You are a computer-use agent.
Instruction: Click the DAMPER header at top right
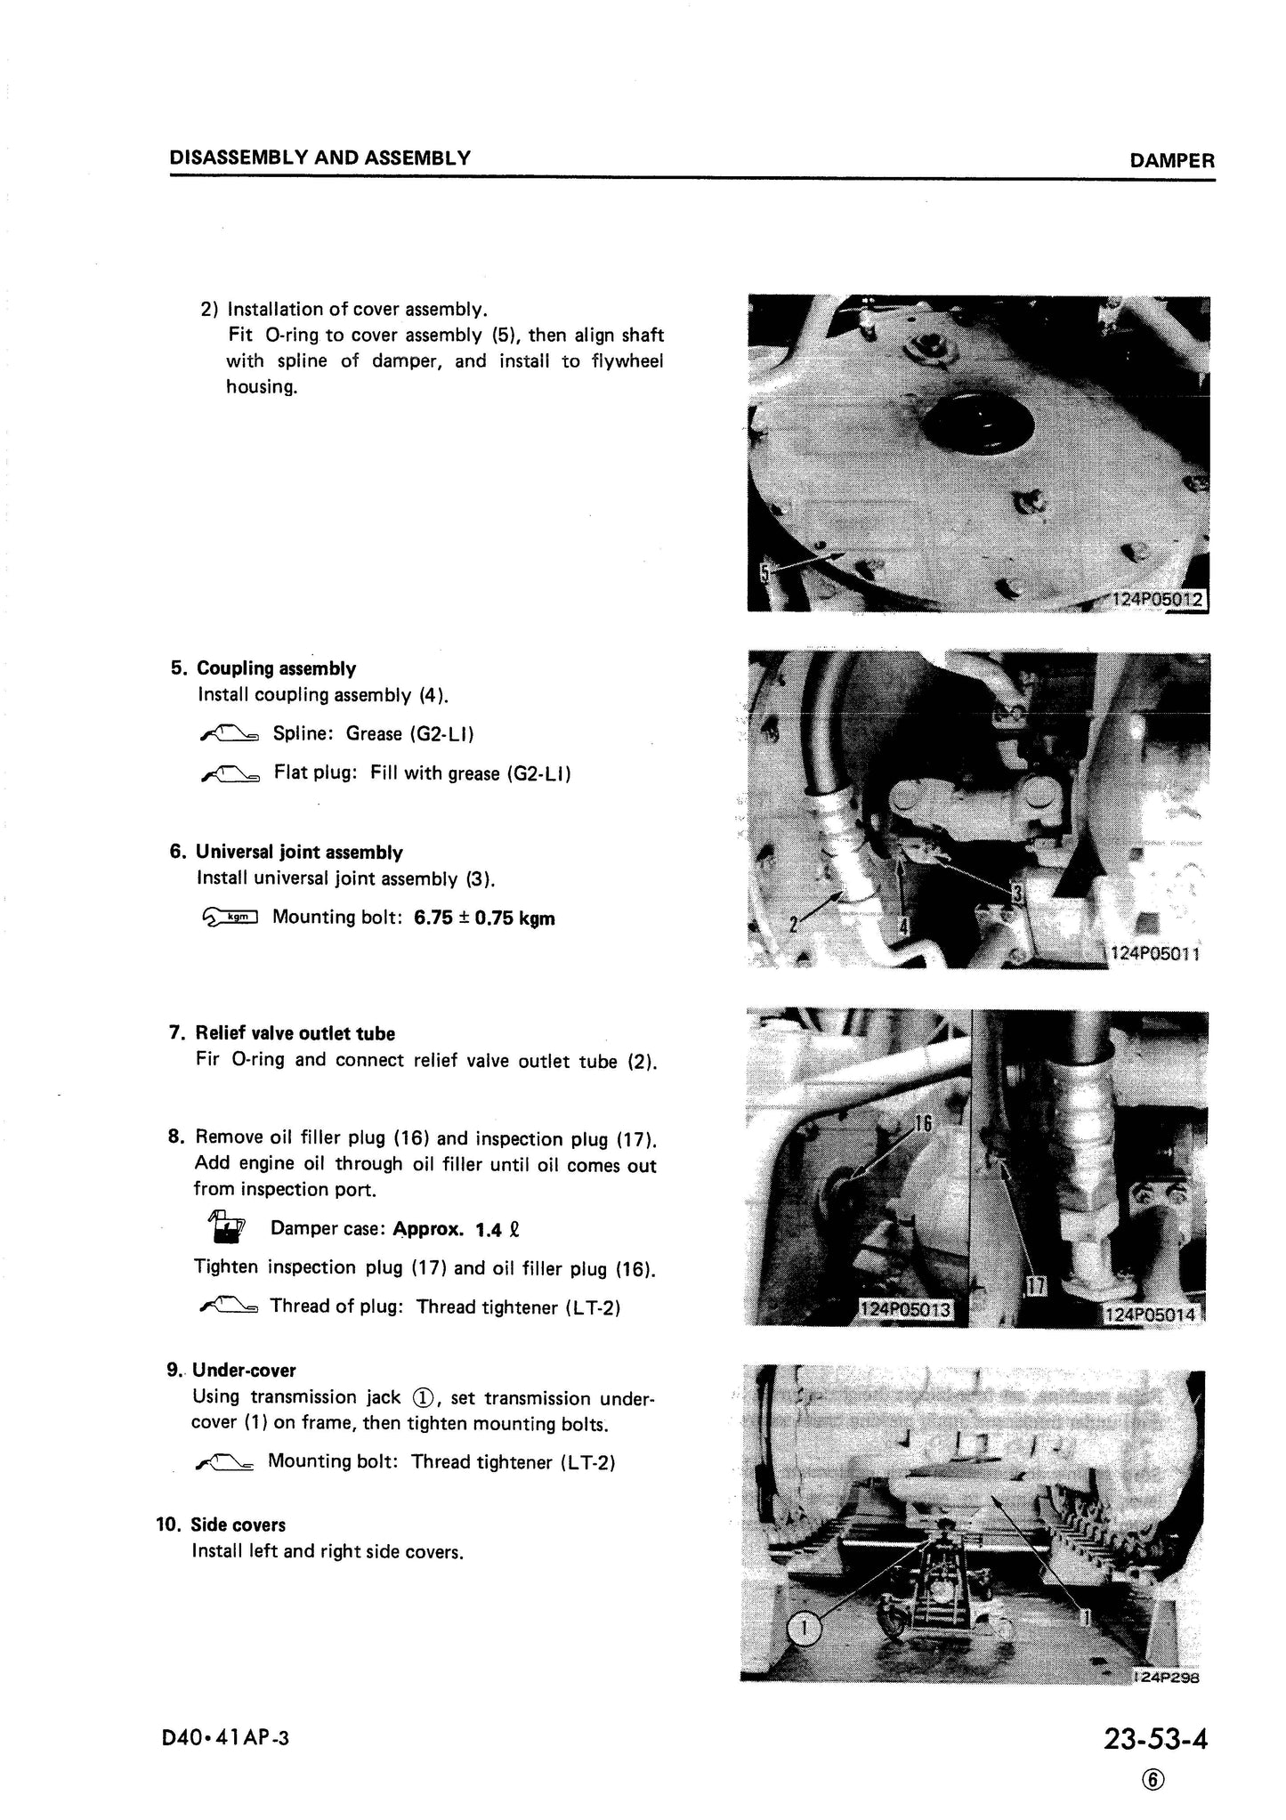pos(1171,161)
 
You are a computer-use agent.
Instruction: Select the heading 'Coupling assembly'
pos(276,668)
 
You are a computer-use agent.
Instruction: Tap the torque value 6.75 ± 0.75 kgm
pos(484,918)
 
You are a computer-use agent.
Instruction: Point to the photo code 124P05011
pos(1156,954)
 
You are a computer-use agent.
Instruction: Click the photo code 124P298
pos(1167,1678)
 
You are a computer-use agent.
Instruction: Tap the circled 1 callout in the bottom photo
pos(804,1629)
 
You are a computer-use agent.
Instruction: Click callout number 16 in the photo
pos(923,1125)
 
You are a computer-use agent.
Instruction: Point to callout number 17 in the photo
pos(1038,1286)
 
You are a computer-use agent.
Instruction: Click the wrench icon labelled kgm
pos(229,917)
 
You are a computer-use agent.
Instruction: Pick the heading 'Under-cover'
pos(244,1370)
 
